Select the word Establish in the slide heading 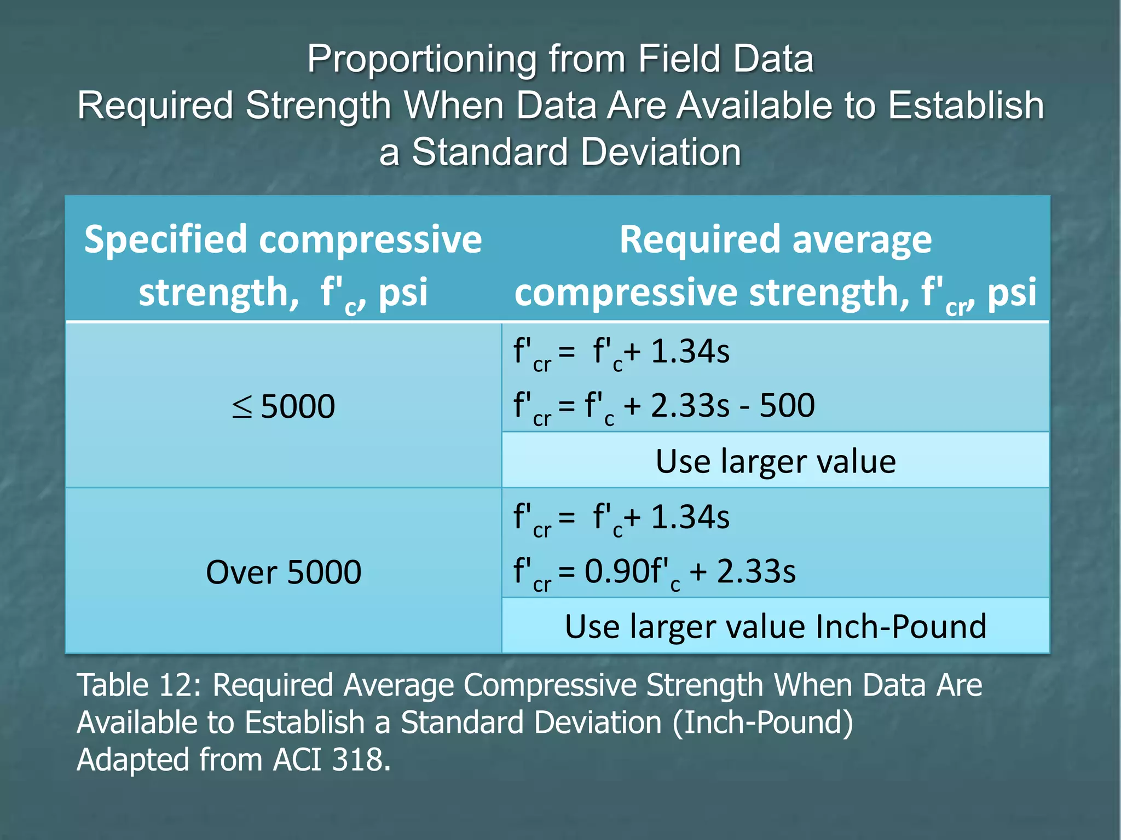966,105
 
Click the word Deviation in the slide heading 661,152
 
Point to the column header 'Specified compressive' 283,240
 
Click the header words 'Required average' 775,240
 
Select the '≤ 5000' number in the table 298,407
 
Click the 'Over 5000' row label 284,573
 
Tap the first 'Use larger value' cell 775,462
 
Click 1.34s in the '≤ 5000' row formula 690,352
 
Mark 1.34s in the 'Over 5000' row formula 690,517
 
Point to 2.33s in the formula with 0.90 756,571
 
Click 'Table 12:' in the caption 140,685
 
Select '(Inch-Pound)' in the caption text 763,722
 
